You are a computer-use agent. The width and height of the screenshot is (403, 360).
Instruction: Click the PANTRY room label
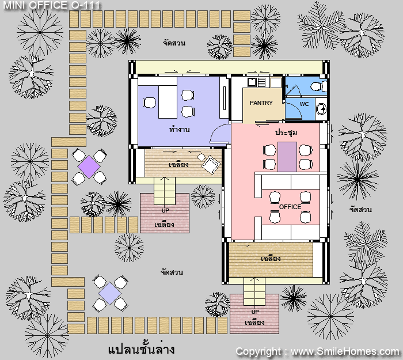(x=261, y=103)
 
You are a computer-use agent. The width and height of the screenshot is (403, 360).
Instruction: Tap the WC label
(x=305, y=104)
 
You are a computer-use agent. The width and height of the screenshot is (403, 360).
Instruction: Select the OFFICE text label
(x=290, y=207)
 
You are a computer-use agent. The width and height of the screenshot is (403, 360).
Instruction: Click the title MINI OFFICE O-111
(x=52, y=5)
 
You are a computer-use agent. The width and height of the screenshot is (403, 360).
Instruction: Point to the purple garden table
(x=89, y=167)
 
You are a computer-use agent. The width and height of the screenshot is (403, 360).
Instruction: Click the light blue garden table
(x=110, y=293)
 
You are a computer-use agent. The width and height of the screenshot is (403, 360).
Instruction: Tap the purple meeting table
(x=287, y=157)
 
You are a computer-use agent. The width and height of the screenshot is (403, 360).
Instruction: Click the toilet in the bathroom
(x=318, y=86)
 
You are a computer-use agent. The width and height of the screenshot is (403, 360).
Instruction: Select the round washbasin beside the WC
(x=321, y=109)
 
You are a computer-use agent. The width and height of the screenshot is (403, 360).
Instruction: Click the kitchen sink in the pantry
(x=252, y=82)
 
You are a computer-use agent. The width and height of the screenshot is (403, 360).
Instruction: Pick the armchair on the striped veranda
(x=211, y=165)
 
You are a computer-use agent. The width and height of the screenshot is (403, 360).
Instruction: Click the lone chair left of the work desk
(x=149, y=103)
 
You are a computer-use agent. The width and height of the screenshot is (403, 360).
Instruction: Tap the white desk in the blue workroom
(x=168, y=102)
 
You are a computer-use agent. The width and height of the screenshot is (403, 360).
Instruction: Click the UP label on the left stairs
(x=165, y=211)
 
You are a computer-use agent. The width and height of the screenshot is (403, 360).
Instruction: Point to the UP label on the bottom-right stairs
(x=255, y=312)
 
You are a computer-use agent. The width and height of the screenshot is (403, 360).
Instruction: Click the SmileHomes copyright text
(x=318, y=351)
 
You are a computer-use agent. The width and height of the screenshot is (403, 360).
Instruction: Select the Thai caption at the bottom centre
(x=141, y=349)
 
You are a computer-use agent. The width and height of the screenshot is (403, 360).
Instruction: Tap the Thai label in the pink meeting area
(x=286, y=132)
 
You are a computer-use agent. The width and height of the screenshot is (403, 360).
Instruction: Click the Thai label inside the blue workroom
(x=180, y=130)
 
